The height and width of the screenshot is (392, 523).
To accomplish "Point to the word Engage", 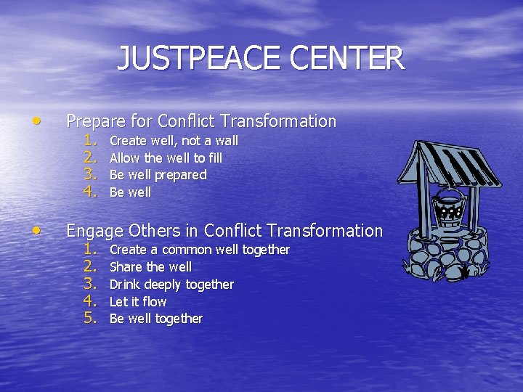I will (x=95, y=232).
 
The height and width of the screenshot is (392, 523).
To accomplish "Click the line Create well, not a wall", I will (x=173, y=140).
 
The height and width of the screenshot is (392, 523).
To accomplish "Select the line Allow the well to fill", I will (x=165, y=158).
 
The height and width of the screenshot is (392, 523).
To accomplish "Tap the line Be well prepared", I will (x=157, y=175).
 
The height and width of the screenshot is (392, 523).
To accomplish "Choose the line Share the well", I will (x=150, y=266).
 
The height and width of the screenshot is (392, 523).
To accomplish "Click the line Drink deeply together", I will (x=171, y=284).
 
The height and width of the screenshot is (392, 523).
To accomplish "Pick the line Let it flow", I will (x=137, y=301).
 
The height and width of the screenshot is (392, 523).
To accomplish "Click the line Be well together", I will (x=155, y=319).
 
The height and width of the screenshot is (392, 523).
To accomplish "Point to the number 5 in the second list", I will (x=90, y=318).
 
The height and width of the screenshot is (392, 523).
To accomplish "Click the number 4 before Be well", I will (x=90, y=192).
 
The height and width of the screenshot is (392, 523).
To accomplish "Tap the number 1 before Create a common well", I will (x=90, y=249).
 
